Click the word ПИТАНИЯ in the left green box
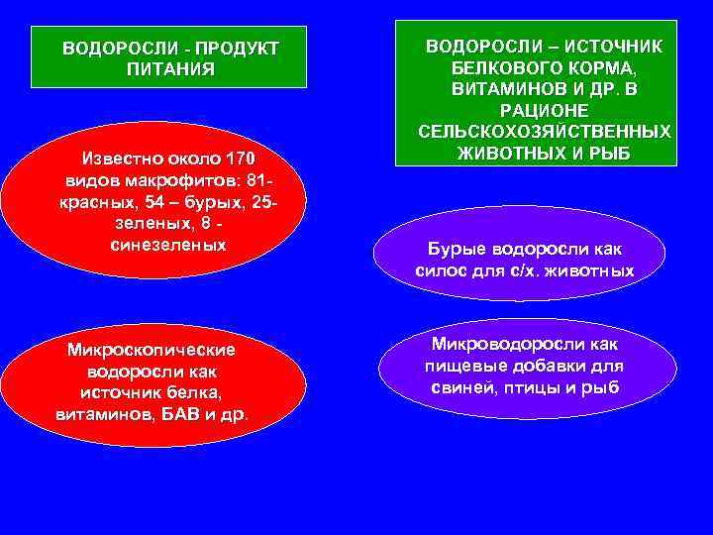tap(170, 69)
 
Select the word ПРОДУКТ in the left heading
tap(238, 49)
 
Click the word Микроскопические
tap(150, 350)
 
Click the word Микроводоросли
tap(504, 343)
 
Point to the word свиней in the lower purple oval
tap(465, 386)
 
